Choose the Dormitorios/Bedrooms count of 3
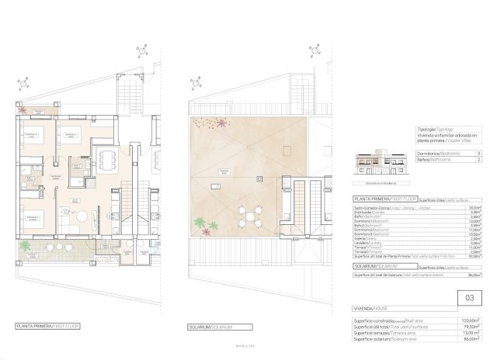[x=479, y=154]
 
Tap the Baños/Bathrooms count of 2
[x=479, y=161]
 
